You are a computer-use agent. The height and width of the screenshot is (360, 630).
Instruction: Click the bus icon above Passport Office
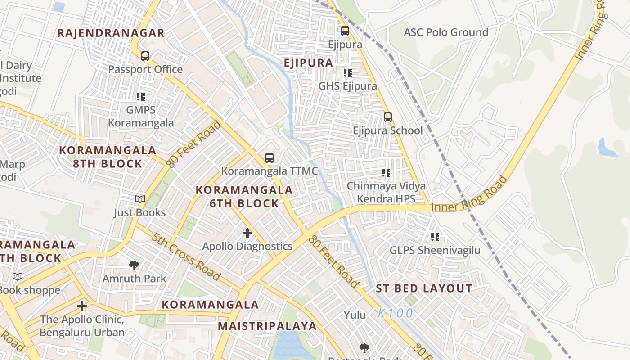pos(145,56)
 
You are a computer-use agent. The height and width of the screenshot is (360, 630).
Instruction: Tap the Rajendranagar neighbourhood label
pos(111,33)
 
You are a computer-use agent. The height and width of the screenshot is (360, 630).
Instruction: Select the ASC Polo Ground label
pos(445,32)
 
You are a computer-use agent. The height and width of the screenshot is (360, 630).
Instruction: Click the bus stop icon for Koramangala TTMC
pos(269,158)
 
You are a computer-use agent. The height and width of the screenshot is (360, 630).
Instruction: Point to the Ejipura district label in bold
pos(309,63)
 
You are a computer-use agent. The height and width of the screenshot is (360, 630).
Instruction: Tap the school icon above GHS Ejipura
pos(347,72)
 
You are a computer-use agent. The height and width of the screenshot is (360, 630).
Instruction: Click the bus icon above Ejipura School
pos(387,117)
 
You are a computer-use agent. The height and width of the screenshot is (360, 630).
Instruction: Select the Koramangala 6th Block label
pos(244,197)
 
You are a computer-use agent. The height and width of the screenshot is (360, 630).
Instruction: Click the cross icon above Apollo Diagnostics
pos(247,233)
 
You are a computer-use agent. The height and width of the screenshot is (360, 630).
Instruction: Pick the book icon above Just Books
pos(140,199)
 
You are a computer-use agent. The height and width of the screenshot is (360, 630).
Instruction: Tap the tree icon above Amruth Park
pos(134,265)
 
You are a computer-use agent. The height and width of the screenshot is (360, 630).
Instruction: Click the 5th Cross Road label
pos(185,256)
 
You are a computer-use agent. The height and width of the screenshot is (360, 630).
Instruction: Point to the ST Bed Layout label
pos(424,288)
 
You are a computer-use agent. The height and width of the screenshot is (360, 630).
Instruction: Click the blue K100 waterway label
pos(395,313)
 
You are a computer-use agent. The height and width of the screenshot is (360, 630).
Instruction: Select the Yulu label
pos(355,315)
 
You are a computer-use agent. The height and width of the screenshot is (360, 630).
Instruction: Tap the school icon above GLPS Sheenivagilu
pos(435,237)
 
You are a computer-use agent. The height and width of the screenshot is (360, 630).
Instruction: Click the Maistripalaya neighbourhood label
pos(267,326)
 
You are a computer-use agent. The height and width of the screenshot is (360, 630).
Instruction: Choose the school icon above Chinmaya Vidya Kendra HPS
pos(386,173)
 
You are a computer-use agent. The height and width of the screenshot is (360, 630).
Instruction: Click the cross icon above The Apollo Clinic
pos(81,306)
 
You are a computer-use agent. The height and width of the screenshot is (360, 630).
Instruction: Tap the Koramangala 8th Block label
pos(108,157)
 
